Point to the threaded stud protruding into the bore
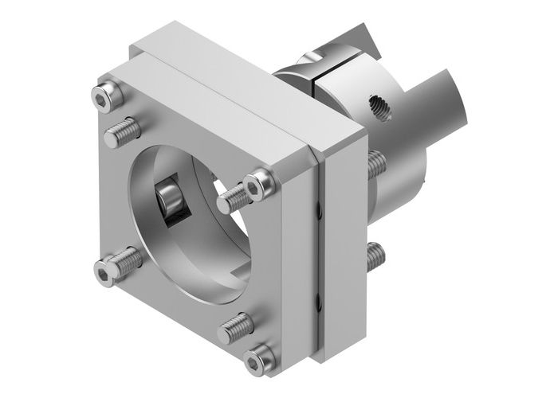(x=232, y=197)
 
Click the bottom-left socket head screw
(x=105, y=272)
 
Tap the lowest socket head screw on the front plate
(x=257, y=361)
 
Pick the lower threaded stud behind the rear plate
(x=375, y=255)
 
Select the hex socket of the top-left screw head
(x=100, y=97)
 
